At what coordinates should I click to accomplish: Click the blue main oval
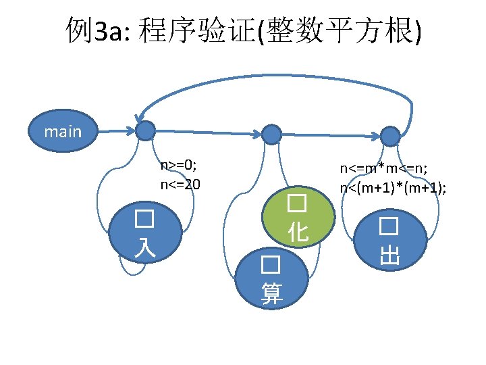(62, 131)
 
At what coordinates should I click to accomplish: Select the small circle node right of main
(145, 131)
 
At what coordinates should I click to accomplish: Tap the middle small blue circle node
(271, 135)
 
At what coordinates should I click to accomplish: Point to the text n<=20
(180, 183)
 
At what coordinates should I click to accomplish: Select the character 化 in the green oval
(298, 233)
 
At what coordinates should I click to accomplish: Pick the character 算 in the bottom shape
(272, 293)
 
